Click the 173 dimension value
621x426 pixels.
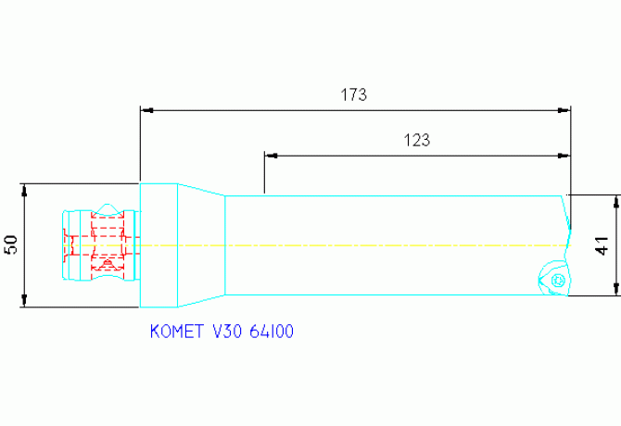(354, 94)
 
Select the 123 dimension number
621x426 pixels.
(417, 141)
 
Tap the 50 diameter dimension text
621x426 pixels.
(11, 244)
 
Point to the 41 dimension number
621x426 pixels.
(602, 246)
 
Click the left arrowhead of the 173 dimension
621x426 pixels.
(146, 109)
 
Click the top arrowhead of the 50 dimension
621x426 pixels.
(25, 188)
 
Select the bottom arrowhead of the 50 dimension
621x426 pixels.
(25, 301)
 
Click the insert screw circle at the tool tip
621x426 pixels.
(557, 280)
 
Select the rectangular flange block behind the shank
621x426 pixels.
(158, 244)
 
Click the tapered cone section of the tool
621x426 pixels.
(201, 244)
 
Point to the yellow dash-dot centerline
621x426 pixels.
(371, 244)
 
